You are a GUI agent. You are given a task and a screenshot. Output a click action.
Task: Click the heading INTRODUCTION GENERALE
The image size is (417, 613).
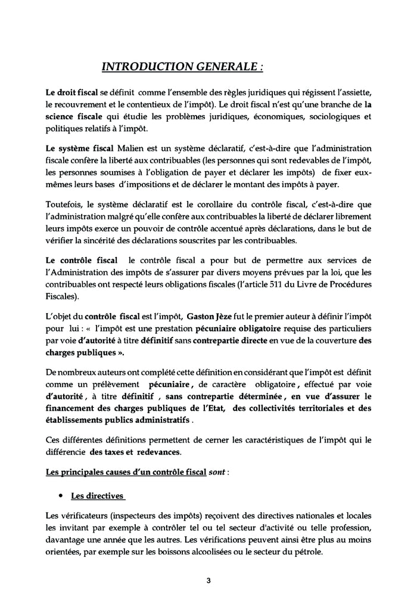(x=182, y=67)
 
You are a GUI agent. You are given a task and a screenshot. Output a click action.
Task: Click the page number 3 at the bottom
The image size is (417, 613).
(x=208, y=580)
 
